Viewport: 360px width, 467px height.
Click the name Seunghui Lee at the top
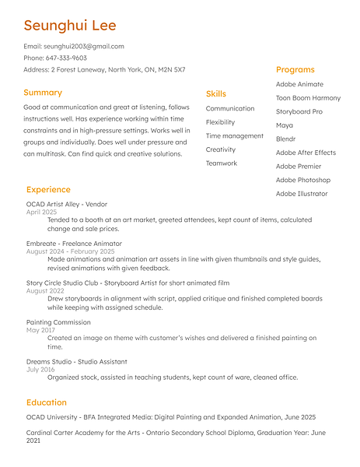pyautogui.click(x=70, y=26)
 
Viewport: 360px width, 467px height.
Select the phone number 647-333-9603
pyautogui.click(x=65, y=58)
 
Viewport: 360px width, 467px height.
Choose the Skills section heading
pyautogui.click(x=216, y=94)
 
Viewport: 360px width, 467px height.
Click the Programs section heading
pyautogui.click(x=295, y=70)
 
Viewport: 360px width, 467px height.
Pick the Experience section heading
pyautogui.click(x=48, y=190)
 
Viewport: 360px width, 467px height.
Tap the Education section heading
pyautogui.click(x=46, y=402)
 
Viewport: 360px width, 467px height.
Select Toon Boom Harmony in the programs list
pyautogui.click(x=308, y=98)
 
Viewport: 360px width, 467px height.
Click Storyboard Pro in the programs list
pyautogui.click(x=299, y=112)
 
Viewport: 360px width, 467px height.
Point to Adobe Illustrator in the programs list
pyautogui.click(x=302, y=194)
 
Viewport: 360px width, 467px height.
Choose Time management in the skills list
pyautogui.click(x=234, y=136)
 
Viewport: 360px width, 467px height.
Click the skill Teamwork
pyautogui.click(x=222, y=163)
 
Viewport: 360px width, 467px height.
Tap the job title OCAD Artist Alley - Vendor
pyautogui.click(x=67, y=204)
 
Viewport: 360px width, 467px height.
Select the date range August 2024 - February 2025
pyautogui.click(x=70, y=251)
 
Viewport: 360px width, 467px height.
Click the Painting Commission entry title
pyautogui.click(x=58, y=322)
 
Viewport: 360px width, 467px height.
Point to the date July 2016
pyautogui.click(x=42, y=370)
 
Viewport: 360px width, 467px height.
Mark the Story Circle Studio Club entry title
pyautogui.click(x=128, y=283)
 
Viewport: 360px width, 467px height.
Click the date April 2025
pyautogui.click(x=42, y=212)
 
